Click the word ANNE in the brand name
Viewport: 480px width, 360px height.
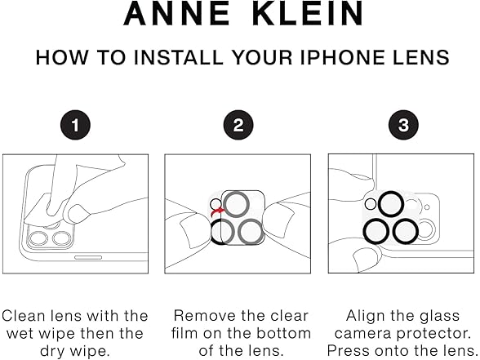click(x=176, y=13)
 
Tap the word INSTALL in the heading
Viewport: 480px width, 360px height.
click(x=179, y=57)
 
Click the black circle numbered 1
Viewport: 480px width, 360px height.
click(x=75, y=125)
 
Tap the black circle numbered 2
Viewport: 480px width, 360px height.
click(x=238, y=125)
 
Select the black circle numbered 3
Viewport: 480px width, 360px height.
click(x=403, y=125)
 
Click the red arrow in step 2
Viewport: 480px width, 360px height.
click(x=217, y=211)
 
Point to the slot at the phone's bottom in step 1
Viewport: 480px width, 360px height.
click(x=88, y=257)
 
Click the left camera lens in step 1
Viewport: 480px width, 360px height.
click(x=38, y=238)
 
